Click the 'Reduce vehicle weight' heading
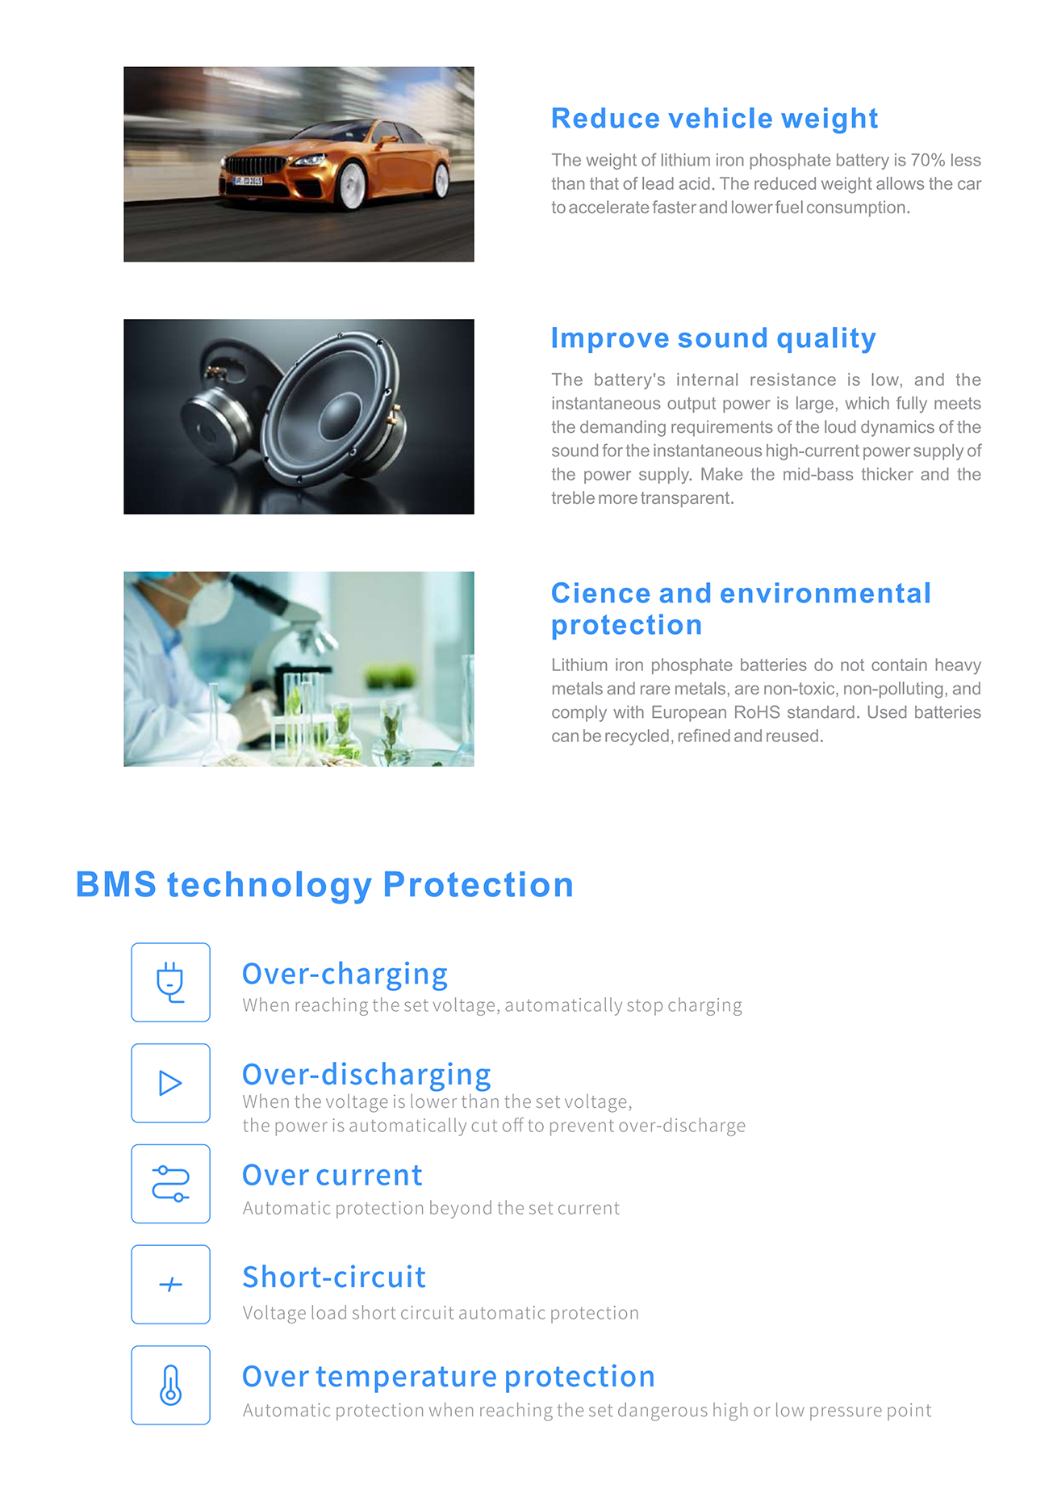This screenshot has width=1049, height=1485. [714, 119]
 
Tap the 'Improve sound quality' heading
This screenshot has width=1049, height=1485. [713, 338]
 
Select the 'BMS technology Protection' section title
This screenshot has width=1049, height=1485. [324, 885]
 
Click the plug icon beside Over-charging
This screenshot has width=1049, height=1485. [170, 982]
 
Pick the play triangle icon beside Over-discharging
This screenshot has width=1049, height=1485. [169, 1083]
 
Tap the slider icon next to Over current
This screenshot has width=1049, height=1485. [170, 1184]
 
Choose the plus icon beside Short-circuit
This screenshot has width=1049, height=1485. [170, 1284]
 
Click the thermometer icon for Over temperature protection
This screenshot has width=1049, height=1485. [170, 1385]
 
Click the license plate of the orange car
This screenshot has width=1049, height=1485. [248, 180]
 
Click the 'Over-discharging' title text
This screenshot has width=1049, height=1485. [366, 1075]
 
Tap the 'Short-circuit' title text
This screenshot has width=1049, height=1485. [334, 1277]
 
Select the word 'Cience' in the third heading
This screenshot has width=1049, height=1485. [601, 594]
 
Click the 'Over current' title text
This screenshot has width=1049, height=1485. [332, 1176]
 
